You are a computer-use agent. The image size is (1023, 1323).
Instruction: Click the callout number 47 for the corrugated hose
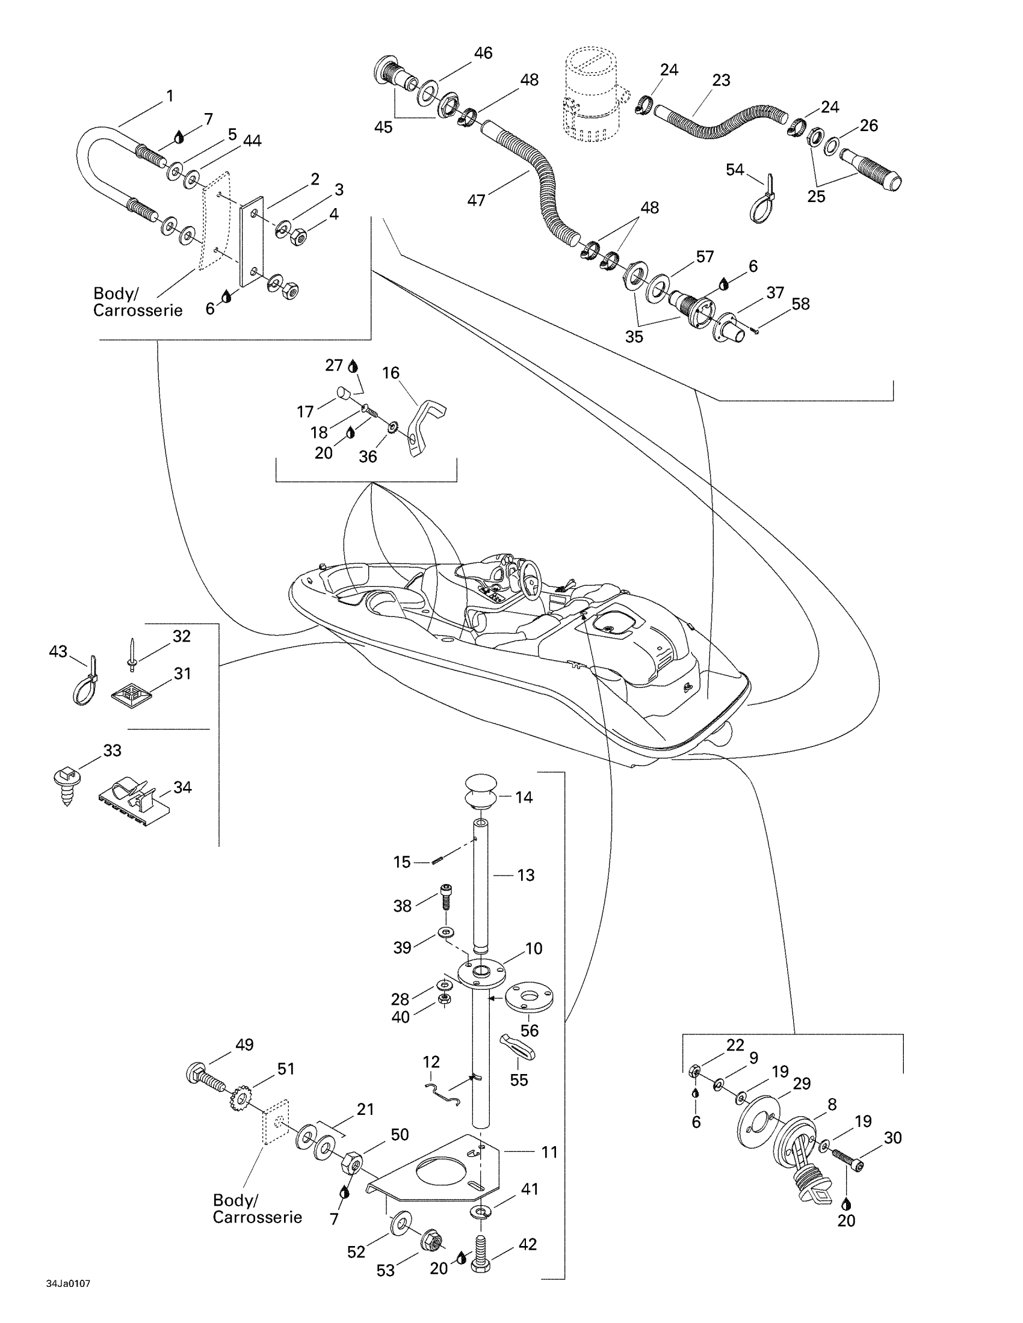(x=476, y=199)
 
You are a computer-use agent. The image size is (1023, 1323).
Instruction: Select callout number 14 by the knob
(x=524, y=797)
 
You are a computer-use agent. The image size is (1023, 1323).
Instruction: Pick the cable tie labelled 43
(x=85, y=683)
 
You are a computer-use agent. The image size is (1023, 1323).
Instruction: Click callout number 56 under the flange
(x=529, y=1030)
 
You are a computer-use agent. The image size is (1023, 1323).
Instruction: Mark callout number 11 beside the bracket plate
(x=549, y=1152)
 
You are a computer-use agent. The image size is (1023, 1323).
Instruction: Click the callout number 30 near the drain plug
(x=892, y=1138)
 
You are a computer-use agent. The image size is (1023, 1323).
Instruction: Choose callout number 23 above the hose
(x=721, y=80)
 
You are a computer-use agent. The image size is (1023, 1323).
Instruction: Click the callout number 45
(x=383, y=127)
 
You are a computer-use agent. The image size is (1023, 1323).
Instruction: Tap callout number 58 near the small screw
(x=800, y=304)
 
